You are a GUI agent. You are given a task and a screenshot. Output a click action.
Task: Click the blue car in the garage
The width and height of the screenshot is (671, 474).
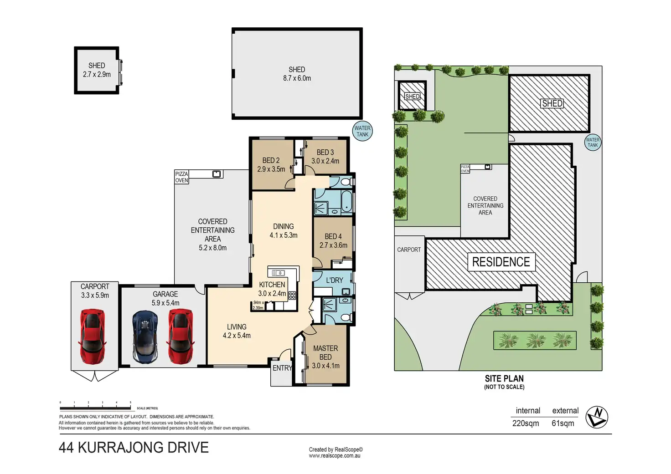(x=145, y=337)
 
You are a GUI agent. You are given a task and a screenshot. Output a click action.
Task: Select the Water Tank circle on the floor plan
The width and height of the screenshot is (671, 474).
(x=362, y=131)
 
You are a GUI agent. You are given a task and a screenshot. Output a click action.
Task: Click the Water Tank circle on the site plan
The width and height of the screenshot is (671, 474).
(x=593, y=142)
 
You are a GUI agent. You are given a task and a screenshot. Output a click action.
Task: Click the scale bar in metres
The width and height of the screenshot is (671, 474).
(x=95, y=408)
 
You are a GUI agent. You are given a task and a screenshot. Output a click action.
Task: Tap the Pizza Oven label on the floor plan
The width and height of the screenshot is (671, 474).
(x=181, y=177)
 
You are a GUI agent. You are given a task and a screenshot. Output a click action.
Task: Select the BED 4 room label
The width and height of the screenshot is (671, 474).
(x=333, y=236)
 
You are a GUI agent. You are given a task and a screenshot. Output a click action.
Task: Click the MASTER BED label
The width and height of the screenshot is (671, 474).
(x=325, y=352)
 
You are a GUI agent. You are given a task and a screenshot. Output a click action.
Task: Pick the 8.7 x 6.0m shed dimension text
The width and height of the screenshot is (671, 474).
(x=297, y=78)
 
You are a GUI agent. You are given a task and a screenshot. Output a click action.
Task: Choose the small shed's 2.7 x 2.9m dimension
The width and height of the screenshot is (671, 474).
(x=97, y=74)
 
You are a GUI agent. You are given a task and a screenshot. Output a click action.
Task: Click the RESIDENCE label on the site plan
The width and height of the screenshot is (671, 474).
(x=501, y=262)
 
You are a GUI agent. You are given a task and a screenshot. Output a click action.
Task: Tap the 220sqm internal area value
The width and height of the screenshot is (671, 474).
(x=526, y=423)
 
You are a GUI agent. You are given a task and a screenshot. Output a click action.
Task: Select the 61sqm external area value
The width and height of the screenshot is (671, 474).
(x=563, y=423)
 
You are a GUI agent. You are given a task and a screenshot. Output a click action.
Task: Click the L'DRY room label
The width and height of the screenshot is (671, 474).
(x=334, y=280)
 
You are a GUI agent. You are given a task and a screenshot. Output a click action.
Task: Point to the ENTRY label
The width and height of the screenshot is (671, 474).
(x=282, y=368)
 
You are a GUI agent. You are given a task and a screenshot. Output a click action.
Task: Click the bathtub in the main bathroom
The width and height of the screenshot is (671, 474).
(x=347, y=201)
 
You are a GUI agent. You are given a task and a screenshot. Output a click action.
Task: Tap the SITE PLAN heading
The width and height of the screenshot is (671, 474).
(x=504, y=378)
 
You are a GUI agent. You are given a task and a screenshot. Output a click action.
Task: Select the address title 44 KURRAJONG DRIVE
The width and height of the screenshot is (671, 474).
(x=134, y=448)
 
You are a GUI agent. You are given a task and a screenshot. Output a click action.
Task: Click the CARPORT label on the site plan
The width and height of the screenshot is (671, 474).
(x=409, y=250)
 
